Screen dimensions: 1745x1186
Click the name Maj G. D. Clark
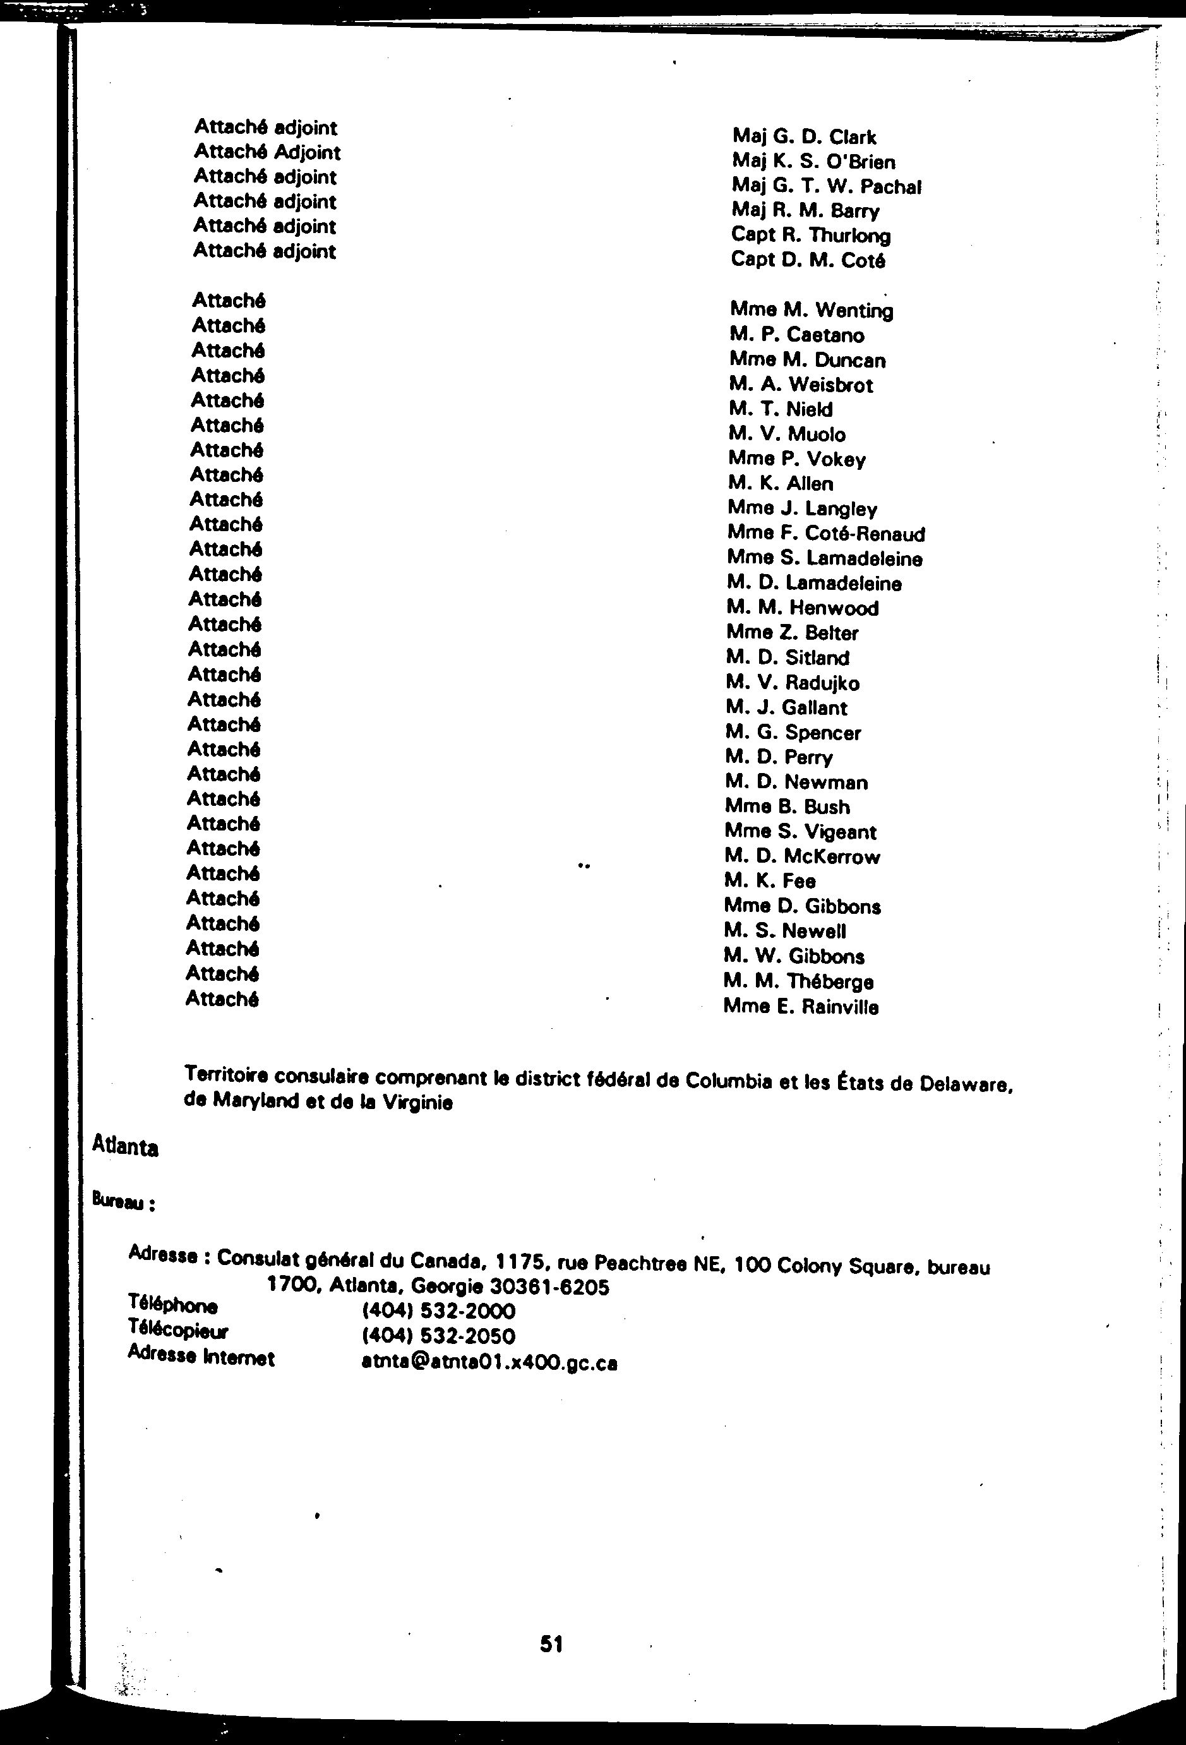pyautogui.click(x=804, y=136)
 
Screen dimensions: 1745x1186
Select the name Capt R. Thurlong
pyautogui.click(x=810, y=235)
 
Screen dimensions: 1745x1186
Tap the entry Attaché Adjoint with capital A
pyautogui.click(x=267, y=152)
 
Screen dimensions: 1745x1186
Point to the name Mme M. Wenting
pyautogui.click(x=811, y=310)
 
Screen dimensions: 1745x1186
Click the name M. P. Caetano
pyautogui.click(x=796, y=335)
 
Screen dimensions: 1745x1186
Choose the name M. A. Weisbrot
pyautogui.click(x=800, y=385)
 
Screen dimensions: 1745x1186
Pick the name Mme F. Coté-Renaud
pyautogui.click(x=825, y=534)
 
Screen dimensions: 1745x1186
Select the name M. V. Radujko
pyautogui.click(x=792, y=683)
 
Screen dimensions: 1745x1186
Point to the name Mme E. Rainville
pyautogui.click(x=800, y=1006)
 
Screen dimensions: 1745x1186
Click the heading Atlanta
pyautogui.click(x=124, y=1146)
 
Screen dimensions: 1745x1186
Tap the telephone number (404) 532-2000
pyautogui.click(x=438, y=1311)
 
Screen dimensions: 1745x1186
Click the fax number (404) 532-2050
pyautogui.click(x=438, y=1336)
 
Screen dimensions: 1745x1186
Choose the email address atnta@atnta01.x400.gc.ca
pyautogui.click(x=489, y=1363)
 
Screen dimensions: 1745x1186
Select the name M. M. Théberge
pyautogui.click(x=798, y=981)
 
